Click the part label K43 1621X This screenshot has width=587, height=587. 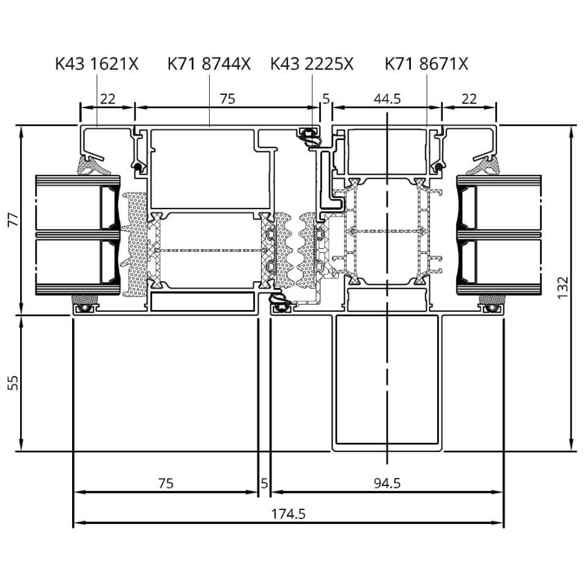97,64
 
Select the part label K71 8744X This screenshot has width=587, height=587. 209,64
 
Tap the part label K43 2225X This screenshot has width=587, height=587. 312,64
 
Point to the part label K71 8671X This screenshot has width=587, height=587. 426,64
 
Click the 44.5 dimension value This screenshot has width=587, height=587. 387,99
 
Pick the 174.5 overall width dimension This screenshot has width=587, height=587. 288,514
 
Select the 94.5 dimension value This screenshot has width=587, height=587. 387,483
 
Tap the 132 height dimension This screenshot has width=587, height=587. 563,287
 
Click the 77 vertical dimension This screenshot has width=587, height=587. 13,220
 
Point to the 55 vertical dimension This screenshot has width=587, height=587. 13,383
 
